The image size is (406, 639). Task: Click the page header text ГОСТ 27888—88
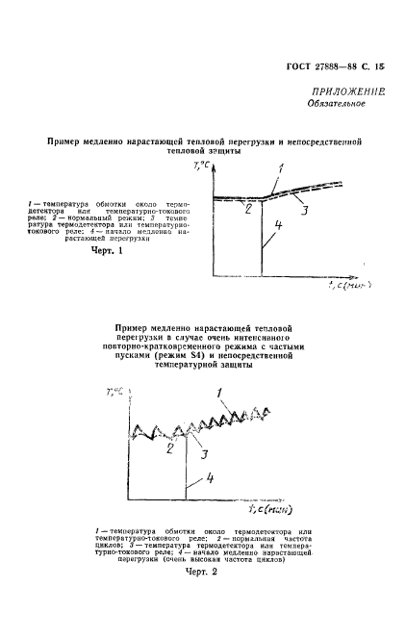click(x=317, y=65)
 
